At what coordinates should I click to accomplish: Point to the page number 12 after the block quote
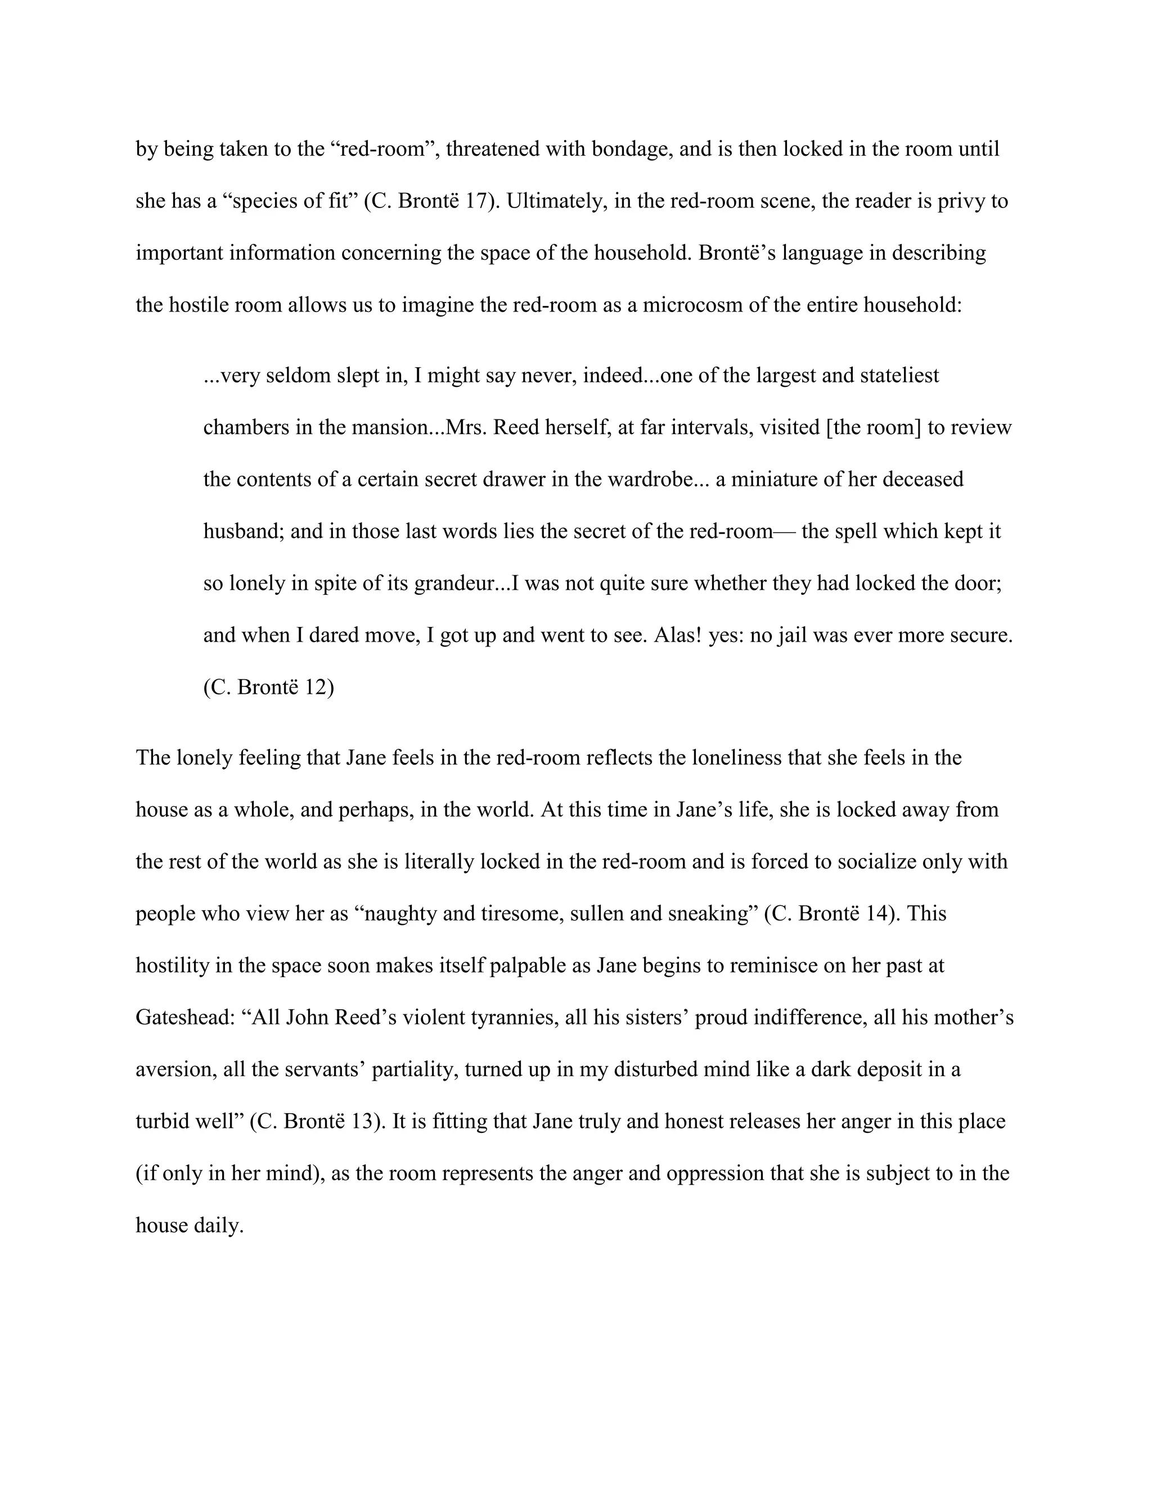319,687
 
